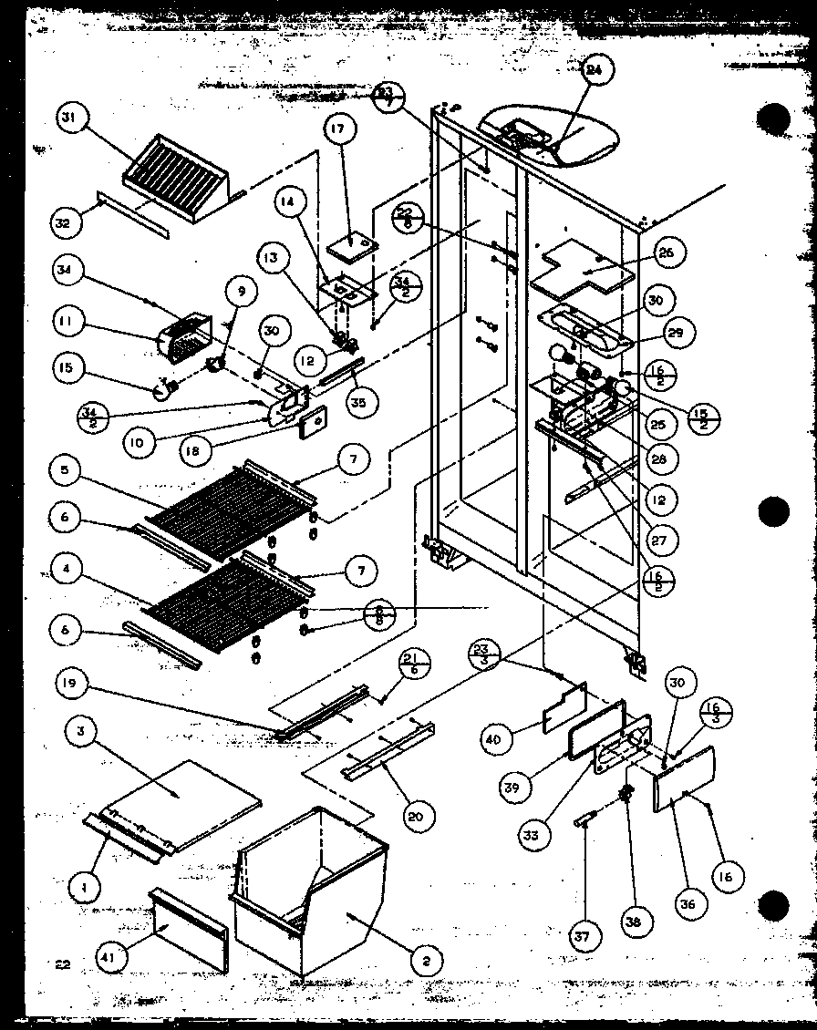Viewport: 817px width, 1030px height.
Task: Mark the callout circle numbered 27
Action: (659, 540)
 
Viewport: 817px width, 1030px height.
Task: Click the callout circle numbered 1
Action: (84, 882)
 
